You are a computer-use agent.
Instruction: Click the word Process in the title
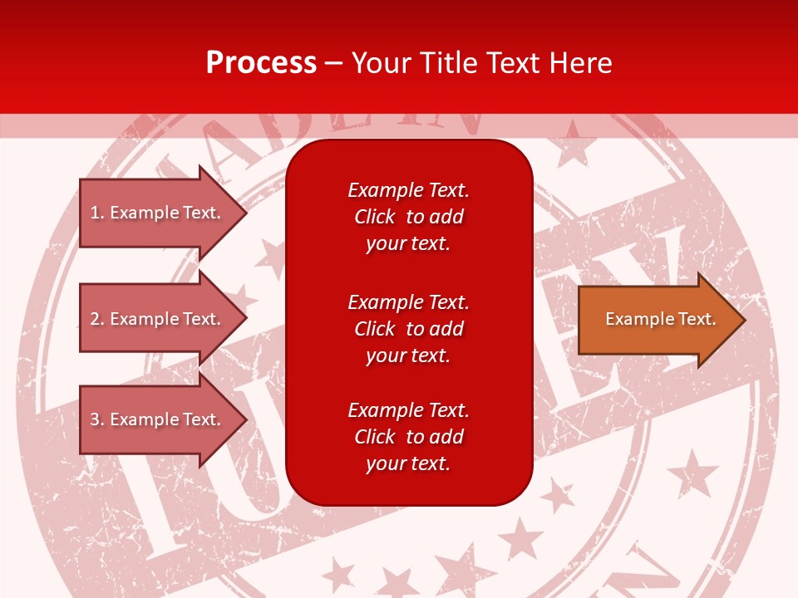[x=261, y=62]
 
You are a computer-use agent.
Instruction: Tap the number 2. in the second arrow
[x=96, y=319]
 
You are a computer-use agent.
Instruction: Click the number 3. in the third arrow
[x=96, y=419]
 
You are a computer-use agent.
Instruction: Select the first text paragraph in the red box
[x=408, y=217]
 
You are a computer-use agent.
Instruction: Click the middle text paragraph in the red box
[x=408, y=328]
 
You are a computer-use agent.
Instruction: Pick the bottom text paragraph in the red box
[x=408, y=437]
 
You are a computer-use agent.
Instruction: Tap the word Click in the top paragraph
[x=374, y=217]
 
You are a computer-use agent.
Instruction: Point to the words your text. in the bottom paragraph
[x=408, y=463]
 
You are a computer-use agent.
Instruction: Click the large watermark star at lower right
[x=692, y=474]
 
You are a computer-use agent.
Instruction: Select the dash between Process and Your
[x=333, y=62]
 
